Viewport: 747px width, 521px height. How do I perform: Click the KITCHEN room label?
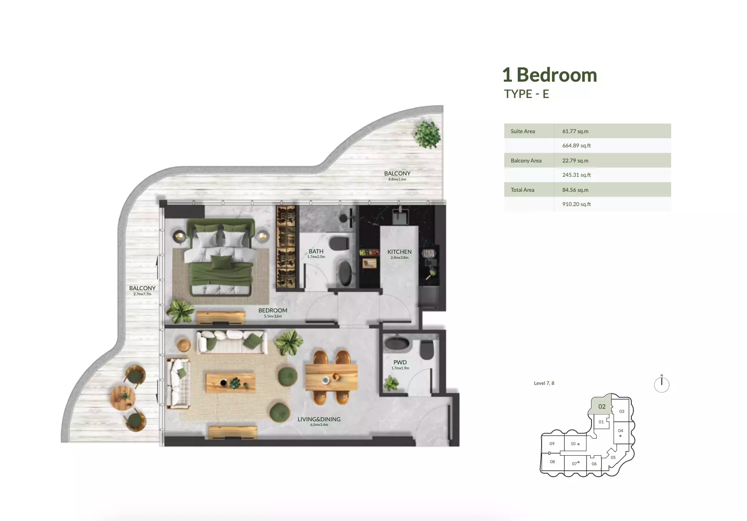(x=399, y=252)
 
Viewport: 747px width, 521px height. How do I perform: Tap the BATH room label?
(x=316, y=251)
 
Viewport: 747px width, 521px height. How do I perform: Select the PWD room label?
(x=400, y=362)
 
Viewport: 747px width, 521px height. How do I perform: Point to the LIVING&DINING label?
(x=319, y=419)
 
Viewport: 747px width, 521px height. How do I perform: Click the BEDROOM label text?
(x=273, y=310)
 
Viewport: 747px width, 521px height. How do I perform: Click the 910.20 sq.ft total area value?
(x=576, y=204)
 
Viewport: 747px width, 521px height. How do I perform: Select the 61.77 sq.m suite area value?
(x=575, y=131)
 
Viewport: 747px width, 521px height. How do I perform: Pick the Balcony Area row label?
(x=526, y=160)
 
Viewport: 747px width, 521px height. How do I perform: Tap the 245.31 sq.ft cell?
(x=576, y=175)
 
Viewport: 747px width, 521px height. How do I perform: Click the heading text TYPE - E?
(x=527, y=94)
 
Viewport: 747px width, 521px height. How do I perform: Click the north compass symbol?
(x=661, y=384)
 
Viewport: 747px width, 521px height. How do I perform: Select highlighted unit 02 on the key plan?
(x=602, y=406)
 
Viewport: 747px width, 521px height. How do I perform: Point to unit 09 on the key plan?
(x=552, y=444)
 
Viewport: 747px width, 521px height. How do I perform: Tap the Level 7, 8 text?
(x=544, y=383)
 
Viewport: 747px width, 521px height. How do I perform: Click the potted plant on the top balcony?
(x=427, y=134)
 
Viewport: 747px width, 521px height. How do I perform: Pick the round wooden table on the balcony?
(x=123, y=397)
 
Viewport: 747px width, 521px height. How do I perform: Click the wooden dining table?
(x=331, y=377)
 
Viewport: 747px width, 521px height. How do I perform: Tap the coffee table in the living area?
(x=230, y=383)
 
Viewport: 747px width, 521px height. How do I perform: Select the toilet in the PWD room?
(x=427, y=349)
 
